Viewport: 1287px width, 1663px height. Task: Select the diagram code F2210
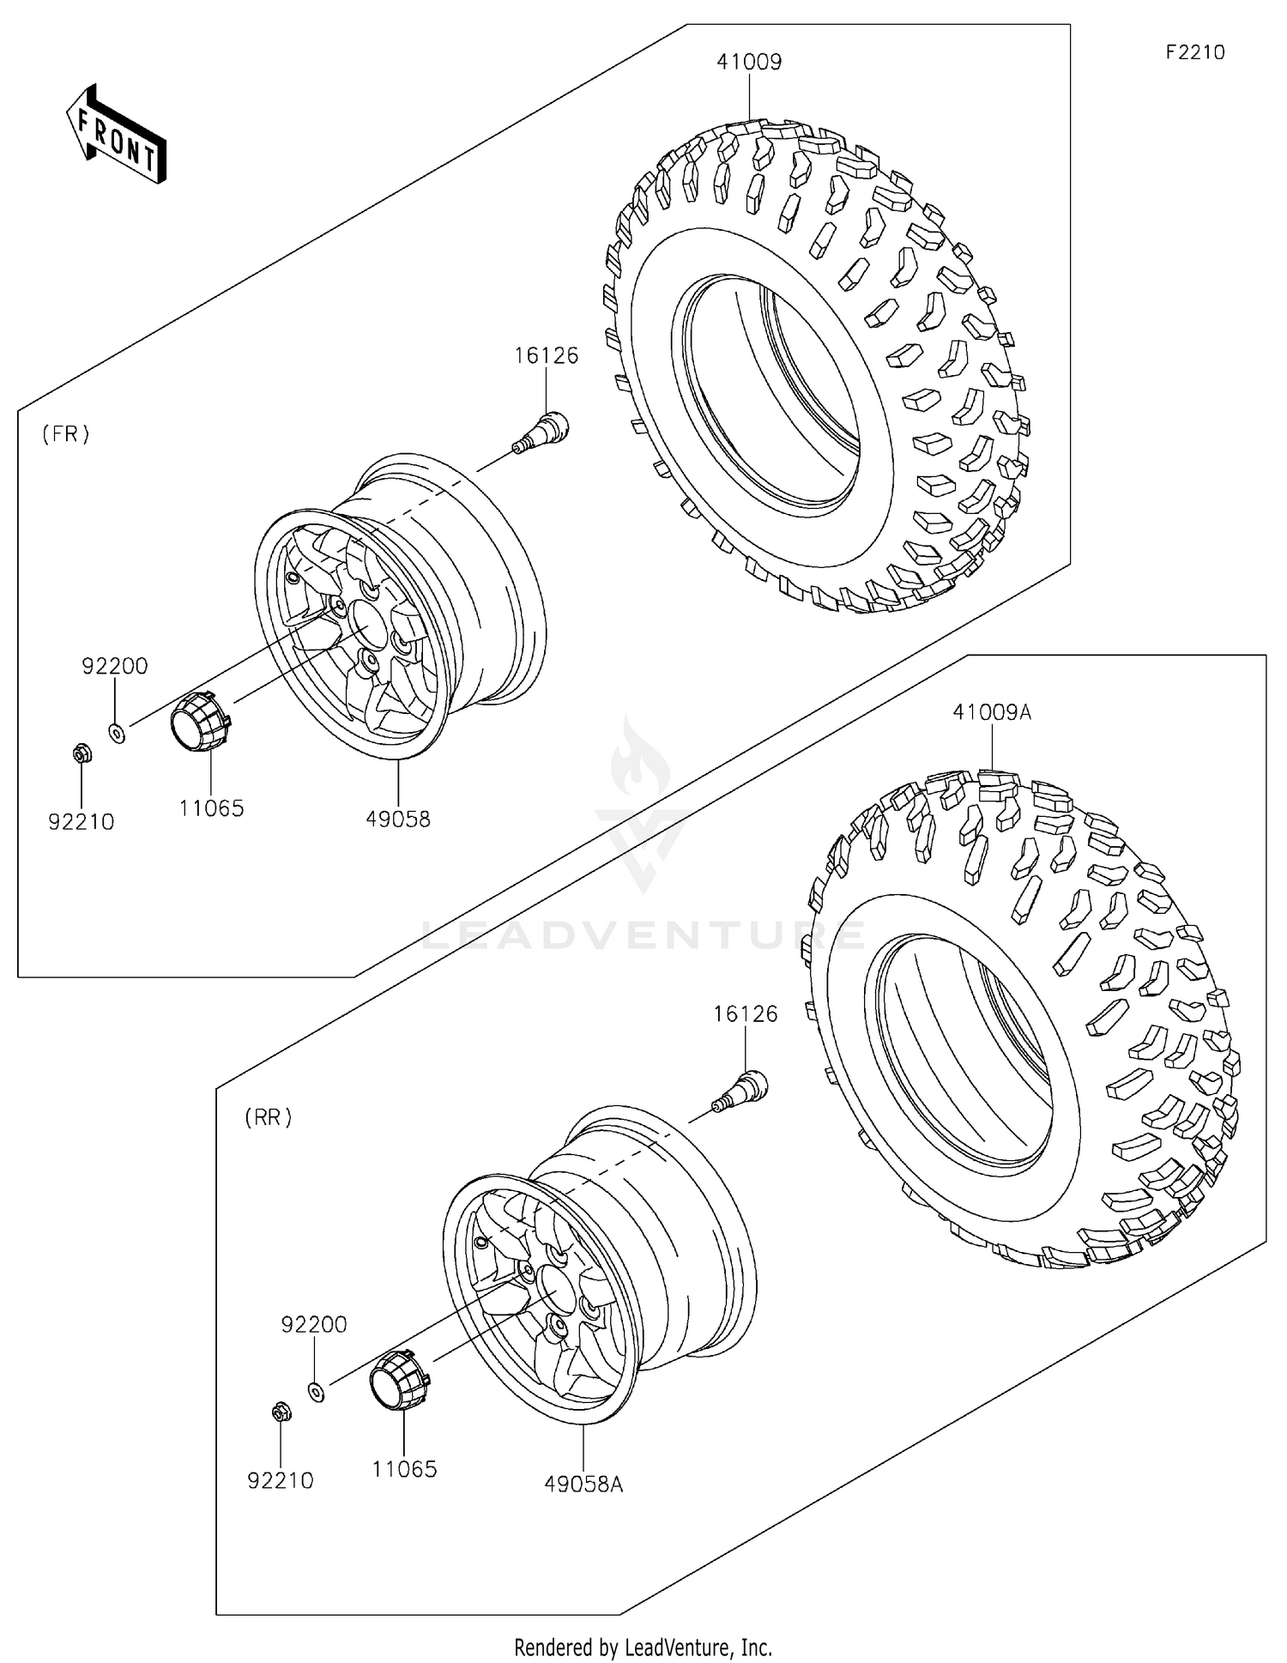click(x=1194, y=52)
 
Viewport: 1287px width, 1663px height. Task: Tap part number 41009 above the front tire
click(x=749, y=62)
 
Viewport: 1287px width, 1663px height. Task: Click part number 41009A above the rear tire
click(x=991, y=712)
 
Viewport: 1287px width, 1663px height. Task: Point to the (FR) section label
click(x=66, y=434)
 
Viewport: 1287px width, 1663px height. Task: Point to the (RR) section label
click(x=268, y=1117)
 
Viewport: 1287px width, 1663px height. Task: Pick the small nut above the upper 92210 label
click(x=82, y=754)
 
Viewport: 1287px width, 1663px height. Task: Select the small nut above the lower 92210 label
click(x=280, y=1412)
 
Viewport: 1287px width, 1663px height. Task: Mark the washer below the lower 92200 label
click(x=316, y=1391)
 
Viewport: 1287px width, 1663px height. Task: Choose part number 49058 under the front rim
click(x=397, y=819)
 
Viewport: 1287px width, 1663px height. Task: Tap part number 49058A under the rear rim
click(x=583, y=1484)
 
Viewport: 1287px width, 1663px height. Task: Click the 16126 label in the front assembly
click(x=546, y=355)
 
